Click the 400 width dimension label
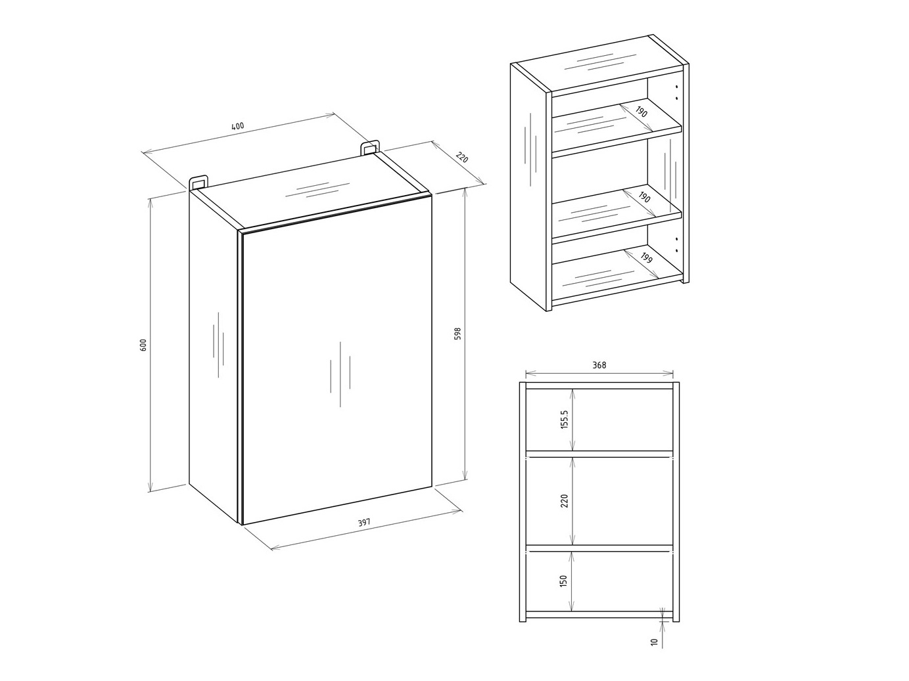(237, 126)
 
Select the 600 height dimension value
(143, 344)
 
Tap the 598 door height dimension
(458, 334)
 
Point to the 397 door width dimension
(364, 523)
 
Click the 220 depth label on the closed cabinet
(462, 158)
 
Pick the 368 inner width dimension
(599, 366)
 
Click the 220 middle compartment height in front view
(564, 501)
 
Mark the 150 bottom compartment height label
(564, 581)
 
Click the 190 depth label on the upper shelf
(641, 112)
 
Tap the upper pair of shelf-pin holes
(677, 93)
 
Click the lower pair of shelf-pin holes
(676, 244)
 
